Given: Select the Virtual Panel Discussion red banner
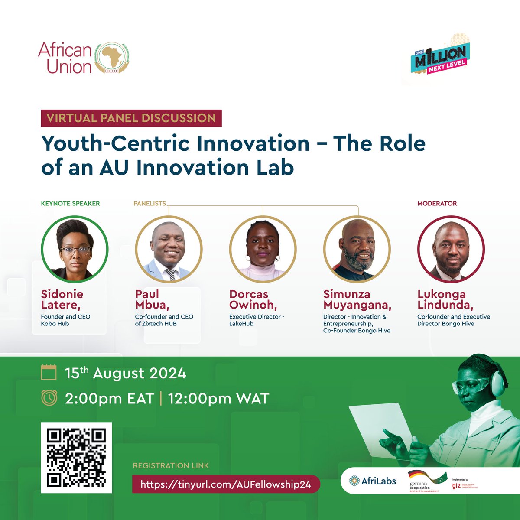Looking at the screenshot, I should pos(131,118).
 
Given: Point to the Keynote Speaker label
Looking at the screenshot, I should pos(70,203).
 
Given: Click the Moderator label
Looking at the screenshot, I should pos(437,203).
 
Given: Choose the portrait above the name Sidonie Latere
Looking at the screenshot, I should pos(75,249).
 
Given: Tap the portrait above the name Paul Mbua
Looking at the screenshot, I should pos(169,249).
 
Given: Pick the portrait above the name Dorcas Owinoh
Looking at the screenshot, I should pos(263,249).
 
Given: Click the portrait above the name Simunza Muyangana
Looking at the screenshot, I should pos(357,249).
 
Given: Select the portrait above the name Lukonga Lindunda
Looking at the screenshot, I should pos(451,249).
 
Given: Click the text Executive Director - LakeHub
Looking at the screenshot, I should pos(257,320).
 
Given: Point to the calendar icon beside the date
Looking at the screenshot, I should pos(49,373).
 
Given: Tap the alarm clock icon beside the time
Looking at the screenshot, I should pos(49,398).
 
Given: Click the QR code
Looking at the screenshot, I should pos(76,458).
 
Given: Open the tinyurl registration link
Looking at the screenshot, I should pos(226,484).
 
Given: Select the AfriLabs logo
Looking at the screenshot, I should pos(373,481).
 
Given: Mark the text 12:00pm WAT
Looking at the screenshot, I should pos(218,398).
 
